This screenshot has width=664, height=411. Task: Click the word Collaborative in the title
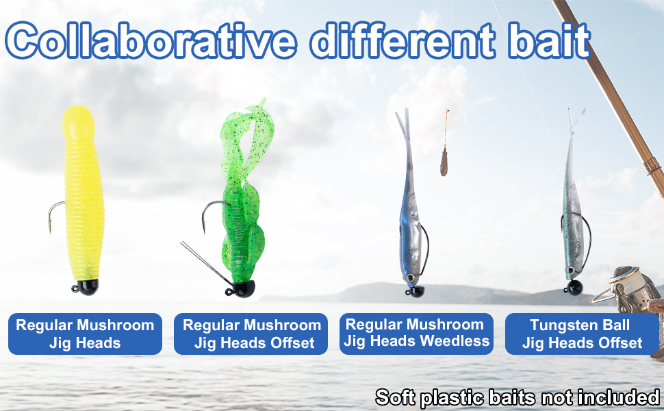coord(151,40)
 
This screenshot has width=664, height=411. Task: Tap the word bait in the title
coord(550,40)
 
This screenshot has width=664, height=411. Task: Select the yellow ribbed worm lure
coord(83,192)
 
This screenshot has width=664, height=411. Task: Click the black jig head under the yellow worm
coord(86,287)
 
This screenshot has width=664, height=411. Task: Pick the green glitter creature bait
coord(245,190)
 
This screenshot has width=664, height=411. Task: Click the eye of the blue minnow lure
coord(409,277)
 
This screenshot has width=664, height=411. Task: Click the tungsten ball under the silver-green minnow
coord(574,288)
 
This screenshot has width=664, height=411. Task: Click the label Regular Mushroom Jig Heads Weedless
coord(416,334)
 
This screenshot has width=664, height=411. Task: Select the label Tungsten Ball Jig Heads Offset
coord(582,334)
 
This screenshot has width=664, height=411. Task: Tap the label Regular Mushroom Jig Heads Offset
coord(251,334)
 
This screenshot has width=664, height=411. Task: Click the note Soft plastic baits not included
coord(518,397)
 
